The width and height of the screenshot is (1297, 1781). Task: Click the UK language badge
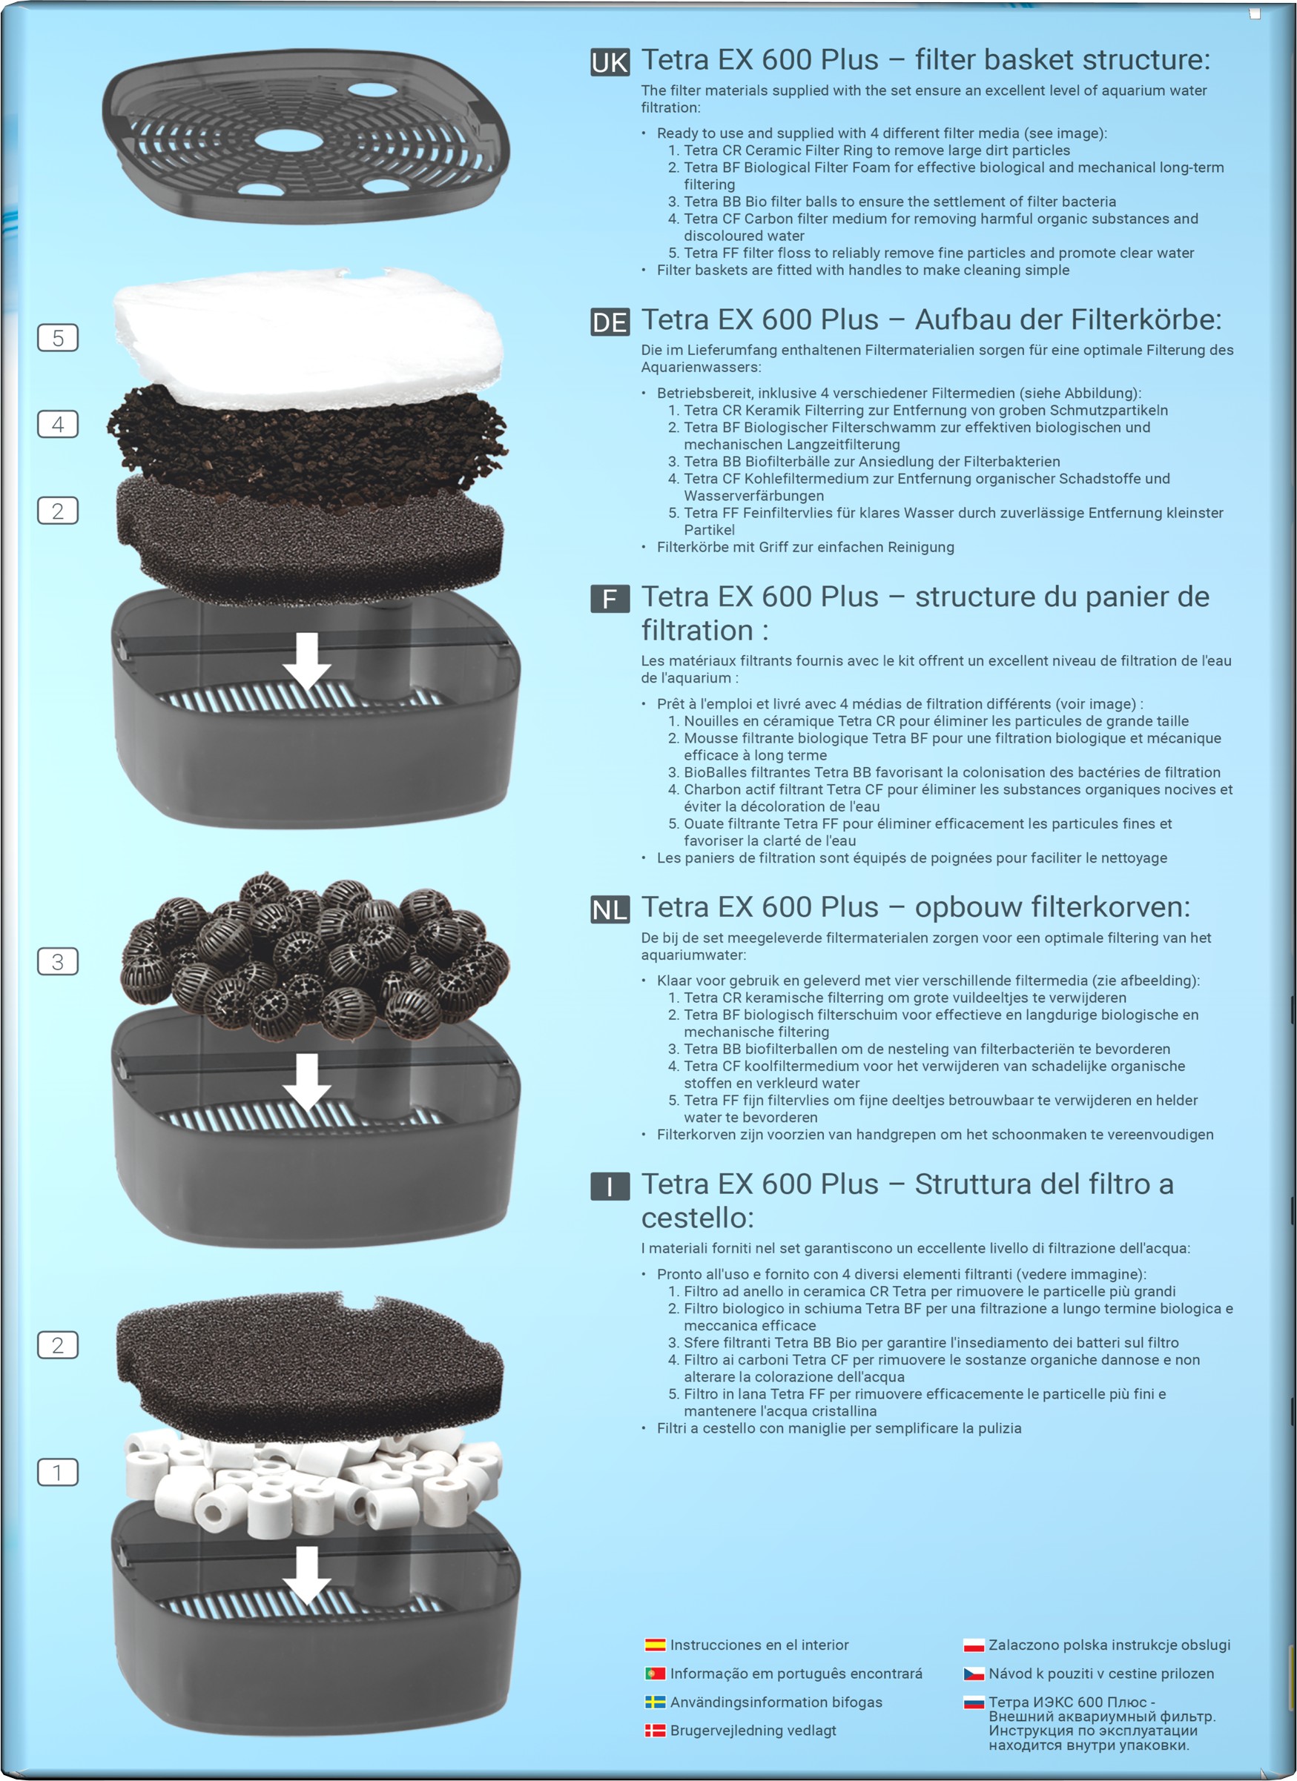point(610,62)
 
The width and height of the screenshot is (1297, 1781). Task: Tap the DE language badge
point(610,322)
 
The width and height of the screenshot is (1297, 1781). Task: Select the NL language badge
point(610,909)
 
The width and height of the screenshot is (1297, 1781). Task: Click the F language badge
point(610,599)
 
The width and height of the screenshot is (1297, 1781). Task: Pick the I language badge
point(610,1187)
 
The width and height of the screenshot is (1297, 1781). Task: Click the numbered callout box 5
point(58,338)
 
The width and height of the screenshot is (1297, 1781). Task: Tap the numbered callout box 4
point(58,424)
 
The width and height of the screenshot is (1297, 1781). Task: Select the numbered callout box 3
point(58,961)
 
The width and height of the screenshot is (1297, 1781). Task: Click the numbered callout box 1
point(58,1472)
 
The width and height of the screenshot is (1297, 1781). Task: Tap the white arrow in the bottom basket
point(307,1575)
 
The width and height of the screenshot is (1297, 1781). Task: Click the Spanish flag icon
point(656,1645)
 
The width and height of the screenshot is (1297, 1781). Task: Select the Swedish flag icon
point(656,1702)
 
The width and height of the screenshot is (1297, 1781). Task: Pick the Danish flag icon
point(656,1730)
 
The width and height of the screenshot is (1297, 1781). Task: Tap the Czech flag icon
point(974,1674)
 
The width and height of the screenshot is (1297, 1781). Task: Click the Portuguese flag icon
point(656,1674)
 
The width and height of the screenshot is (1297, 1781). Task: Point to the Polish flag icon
point(974,1645)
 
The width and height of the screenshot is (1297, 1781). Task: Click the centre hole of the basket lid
point(288,140)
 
